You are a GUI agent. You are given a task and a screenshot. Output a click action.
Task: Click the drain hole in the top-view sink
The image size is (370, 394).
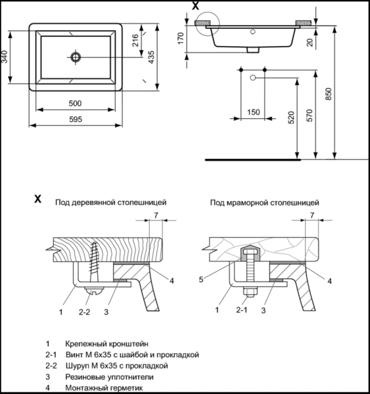tap(76, 58)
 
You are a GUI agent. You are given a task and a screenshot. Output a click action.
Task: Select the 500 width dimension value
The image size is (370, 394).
tap(75, 103)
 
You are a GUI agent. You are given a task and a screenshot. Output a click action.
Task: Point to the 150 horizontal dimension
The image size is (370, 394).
tap(254, 112)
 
